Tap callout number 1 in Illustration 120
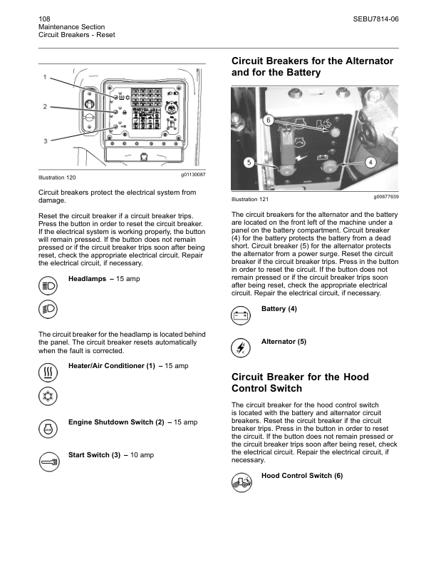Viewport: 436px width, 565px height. (x=45, y=76)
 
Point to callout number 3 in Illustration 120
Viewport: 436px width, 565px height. (x=45, y=141)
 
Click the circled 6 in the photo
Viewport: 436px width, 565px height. (x=249, y=120)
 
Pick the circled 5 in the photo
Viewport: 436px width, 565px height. (x=249, y=162)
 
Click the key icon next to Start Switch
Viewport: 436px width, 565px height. (x=48, y=462)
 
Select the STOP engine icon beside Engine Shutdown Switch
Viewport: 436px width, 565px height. (x=48, y=429)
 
